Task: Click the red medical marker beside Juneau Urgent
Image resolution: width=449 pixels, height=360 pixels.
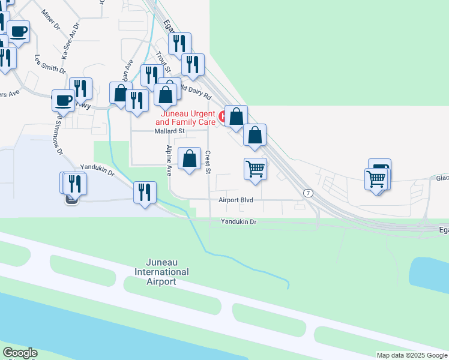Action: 222,117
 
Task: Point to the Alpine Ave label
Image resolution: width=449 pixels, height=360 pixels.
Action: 169,160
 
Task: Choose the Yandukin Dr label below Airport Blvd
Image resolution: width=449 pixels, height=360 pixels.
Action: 238,221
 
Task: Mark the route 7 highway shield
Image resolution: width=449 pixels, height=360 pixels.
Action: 308,193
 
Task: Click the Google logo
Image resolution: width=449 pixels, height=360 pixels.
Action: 20,353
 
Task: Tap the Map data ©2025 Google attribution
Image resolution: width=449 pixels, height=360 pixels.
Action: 412,355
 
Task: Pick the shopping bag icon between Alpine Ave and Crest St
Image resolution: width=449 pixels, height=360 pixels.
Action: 190,160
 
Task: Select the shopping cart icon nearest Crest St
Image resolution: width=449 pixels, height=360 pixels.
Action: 256,169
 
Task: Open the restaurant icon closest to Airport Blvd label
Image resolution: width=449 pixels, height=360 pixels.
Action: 145,193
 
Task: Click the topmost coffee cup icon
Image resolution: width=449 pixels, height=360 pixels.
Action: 19,31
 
